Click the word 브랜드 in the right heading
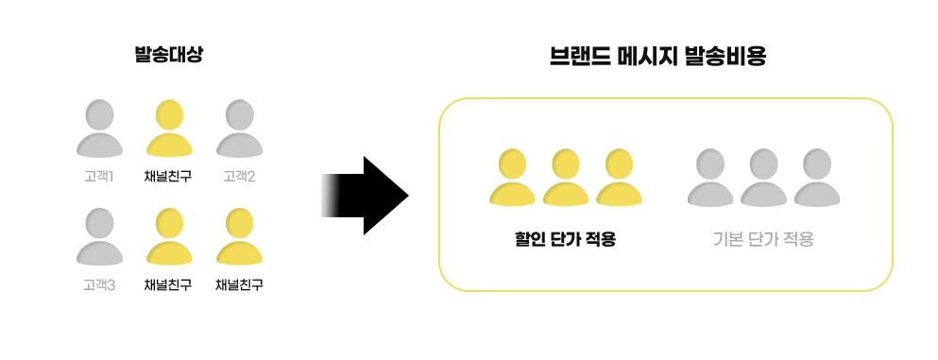click(x=577, y=56)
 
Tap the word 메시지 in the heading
click(x=645, y=56)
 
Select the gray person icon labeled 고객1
click(x=99, y=129)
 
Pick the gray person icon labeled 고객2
click(x=239, y=129)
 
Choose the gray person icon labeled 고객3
click(x=99, y=237)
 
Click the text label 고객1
click(x=98, y=175)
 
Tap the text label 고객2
click(x=239, y=175)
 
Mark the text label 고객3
click(x=98, y=283)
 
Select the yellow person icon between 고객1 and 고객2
click(x=169, y=129)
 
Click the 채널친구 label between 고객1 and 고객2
click(x=168, y=175)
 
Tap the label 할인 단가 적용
click(x=560, y=239)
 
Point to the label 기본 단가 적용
click(x=763, y=239)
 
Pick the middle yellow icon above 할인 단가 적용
click(x=566, y=178)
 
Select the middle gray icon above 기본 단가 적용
click(x=764, y=178)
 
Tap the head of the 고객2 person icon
click(x=239, y=115)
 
